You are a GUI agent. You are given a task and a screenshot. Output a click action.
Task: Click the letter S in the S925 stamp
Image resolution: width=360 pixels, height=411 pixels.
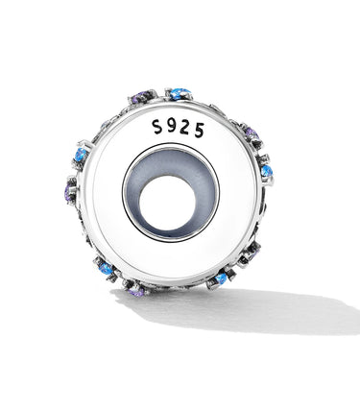point(157,127)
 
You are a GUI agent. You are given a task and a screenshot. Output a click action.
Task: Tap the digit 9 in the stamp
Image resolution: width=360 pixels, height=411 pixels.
point(172,127)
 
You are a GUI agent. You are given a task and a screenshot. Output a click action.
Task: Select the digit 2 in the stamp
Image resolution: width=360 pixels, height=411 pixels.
point(185,129)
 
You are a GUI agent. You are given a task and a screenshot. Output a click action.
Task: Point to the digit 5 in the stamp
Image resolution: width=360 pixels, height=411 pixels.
point(199,131)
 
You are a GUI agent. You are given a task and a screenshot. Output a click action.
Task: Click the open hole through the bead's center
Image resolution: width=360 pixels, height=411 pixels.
point(167,203)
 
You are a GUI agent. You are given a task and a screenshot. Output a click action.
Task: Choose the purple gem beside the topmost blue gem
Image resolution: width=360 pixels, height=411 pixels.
point(141,96)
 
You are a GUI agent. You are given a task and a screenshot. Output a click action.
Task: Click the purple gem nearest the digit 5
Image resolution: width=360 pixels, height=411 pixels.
point(252,133)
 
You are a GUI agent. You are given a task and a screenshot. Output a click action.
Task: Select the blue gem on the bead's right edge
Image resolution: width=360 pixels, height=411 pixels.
point(267,172)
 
